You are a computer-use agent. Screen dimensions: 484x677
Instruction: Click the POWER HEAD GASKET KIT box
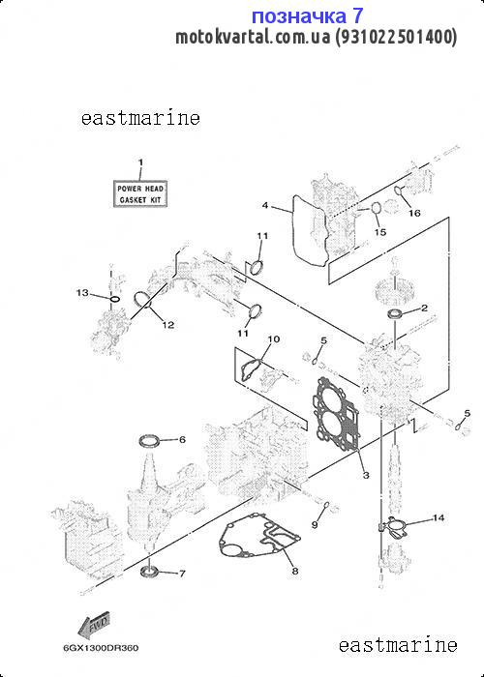(140, 193)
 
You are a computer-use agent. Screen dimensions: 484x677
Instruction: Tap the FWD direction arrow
(93, 625)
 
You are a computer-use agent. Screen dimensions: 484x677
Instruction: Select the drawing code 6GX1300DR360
(101, 648)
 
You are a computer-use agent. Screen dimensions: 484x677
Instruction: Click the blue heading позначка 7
(307, 16)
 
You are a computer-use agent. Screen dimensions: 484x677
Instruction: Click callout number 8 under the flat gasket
(294, 572)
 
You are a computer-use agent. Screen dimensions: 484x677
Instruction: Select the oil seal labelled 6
(149, 441)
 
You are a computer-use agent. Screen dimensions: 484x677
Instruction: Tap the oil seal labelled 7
(149, 572)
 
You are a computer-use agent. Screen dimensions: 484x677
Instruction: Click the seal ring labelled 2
(395, 314)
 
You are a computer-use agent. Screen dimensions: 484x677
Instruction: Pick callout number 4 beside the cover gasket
(265, 205)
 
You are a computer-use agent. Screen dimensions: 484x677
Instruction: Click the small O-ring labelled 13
(114, 299)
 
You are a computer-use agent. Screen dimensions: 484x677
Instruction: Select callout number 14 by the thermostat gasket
(439, 517)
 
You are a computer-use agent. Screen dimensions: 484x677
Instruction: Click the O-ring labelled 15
(376, 209)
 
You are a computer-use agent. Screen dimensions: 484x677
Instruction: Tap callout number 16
(414, 213)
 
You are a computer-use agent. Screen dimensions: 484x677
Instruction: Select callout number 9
(315, 524)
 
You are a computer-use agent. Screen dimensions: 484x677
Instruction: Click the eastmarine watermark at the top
(140, 118)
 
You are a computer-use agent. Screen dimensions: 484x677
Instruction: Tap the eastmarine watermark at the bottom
(398, 645)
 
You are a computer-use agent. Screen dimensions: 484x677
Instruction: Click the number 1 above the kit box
(140, 162)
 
